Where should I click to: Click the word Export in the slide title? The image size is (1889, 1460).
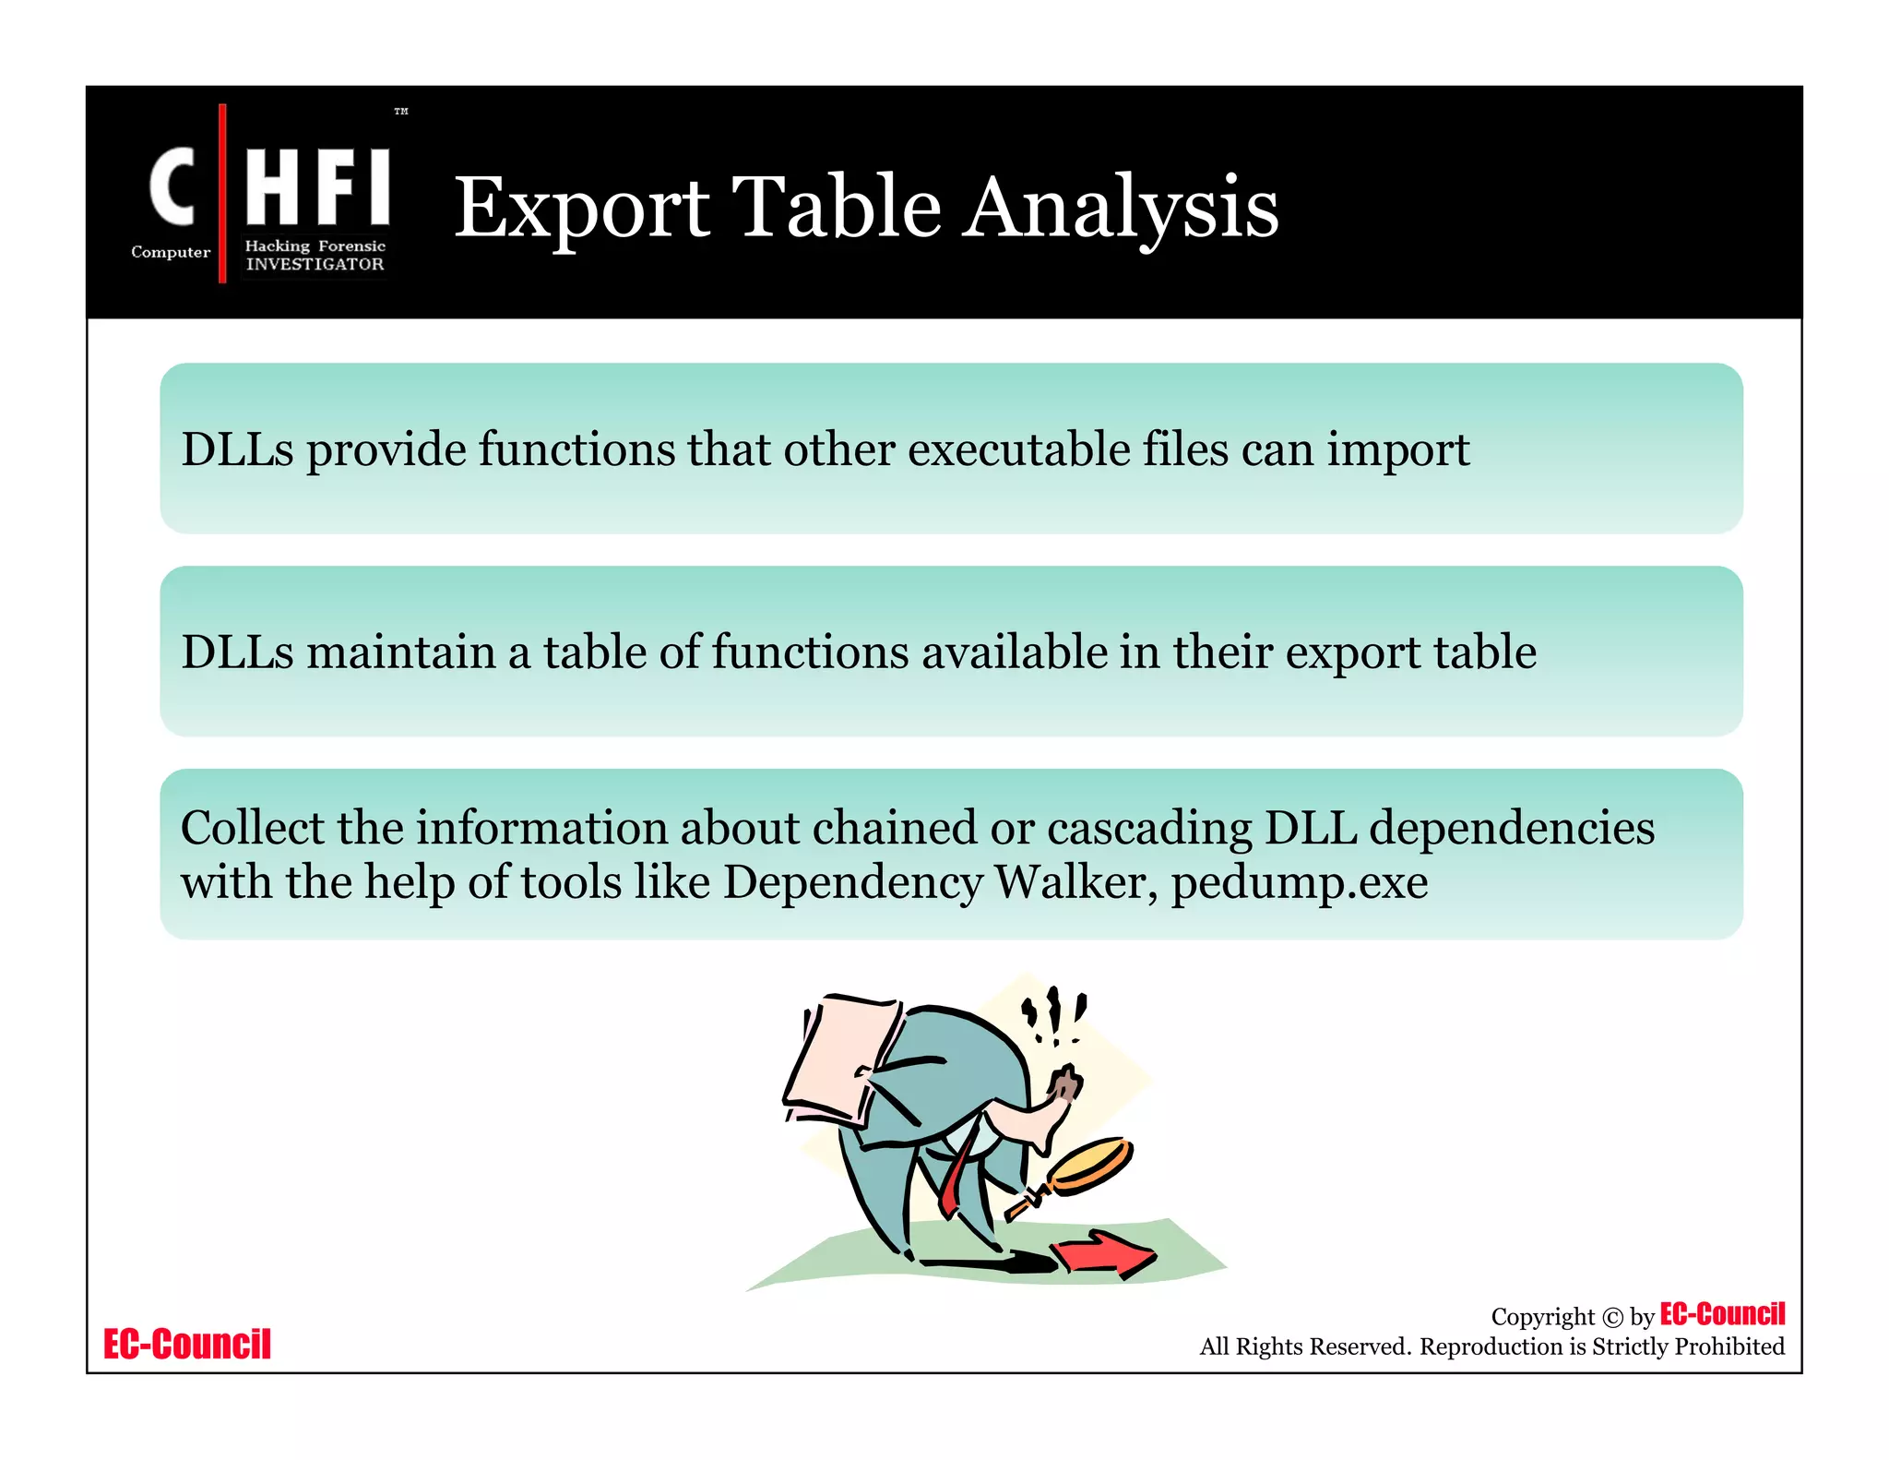582,209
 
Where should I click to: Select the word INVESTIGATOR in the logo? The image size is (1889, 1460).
315,264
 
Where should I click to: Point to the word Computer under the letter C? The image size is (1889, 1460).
171,252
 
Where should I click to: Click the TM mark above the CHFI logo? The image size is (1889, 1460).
401,112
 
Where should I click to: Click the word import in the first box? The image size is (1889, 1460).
1397,450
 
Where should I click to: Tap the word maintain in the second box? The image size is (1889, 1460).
400,652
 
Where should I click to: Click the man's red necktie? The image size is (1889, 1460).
956,1180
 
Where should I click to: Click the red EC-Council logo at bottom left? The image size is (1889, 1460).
187,1345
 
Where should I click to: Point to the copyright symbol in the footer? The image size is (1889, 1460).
1612,1318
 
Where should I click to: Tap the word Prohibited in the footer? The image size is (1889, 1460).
1729,1347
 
